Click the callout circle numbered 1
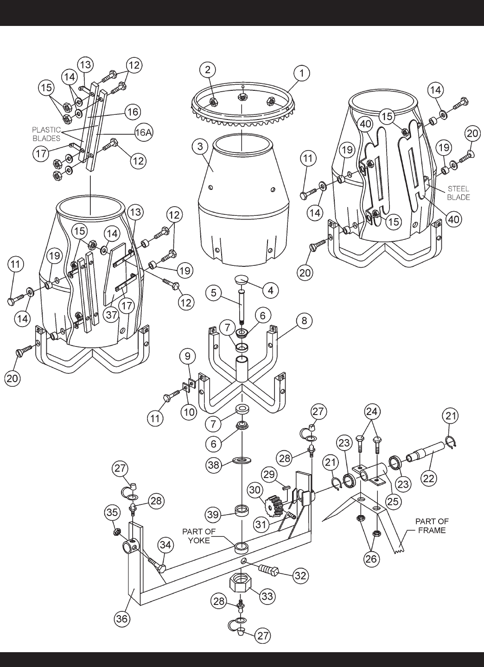click(302, 73)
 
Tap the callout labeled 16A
click(144, 132)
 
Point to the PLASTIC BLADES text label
click(46, 134)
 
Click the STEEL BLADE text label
click(459, 193)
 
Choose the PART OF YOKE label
click(198, 536)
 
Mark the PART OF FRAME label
click(432, 526)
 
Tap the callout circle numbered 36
click(122, 619)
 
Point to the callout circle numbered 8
click(304, 321)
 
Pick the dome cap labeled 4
click(243, 279)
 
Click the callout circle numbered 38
click(213, 465)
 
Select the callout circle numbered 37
click(112, 315)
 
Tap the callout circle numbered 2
click(207, 69)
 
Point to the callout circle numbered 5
click(213, 293)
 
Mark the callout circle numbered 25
click(393, 501)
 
